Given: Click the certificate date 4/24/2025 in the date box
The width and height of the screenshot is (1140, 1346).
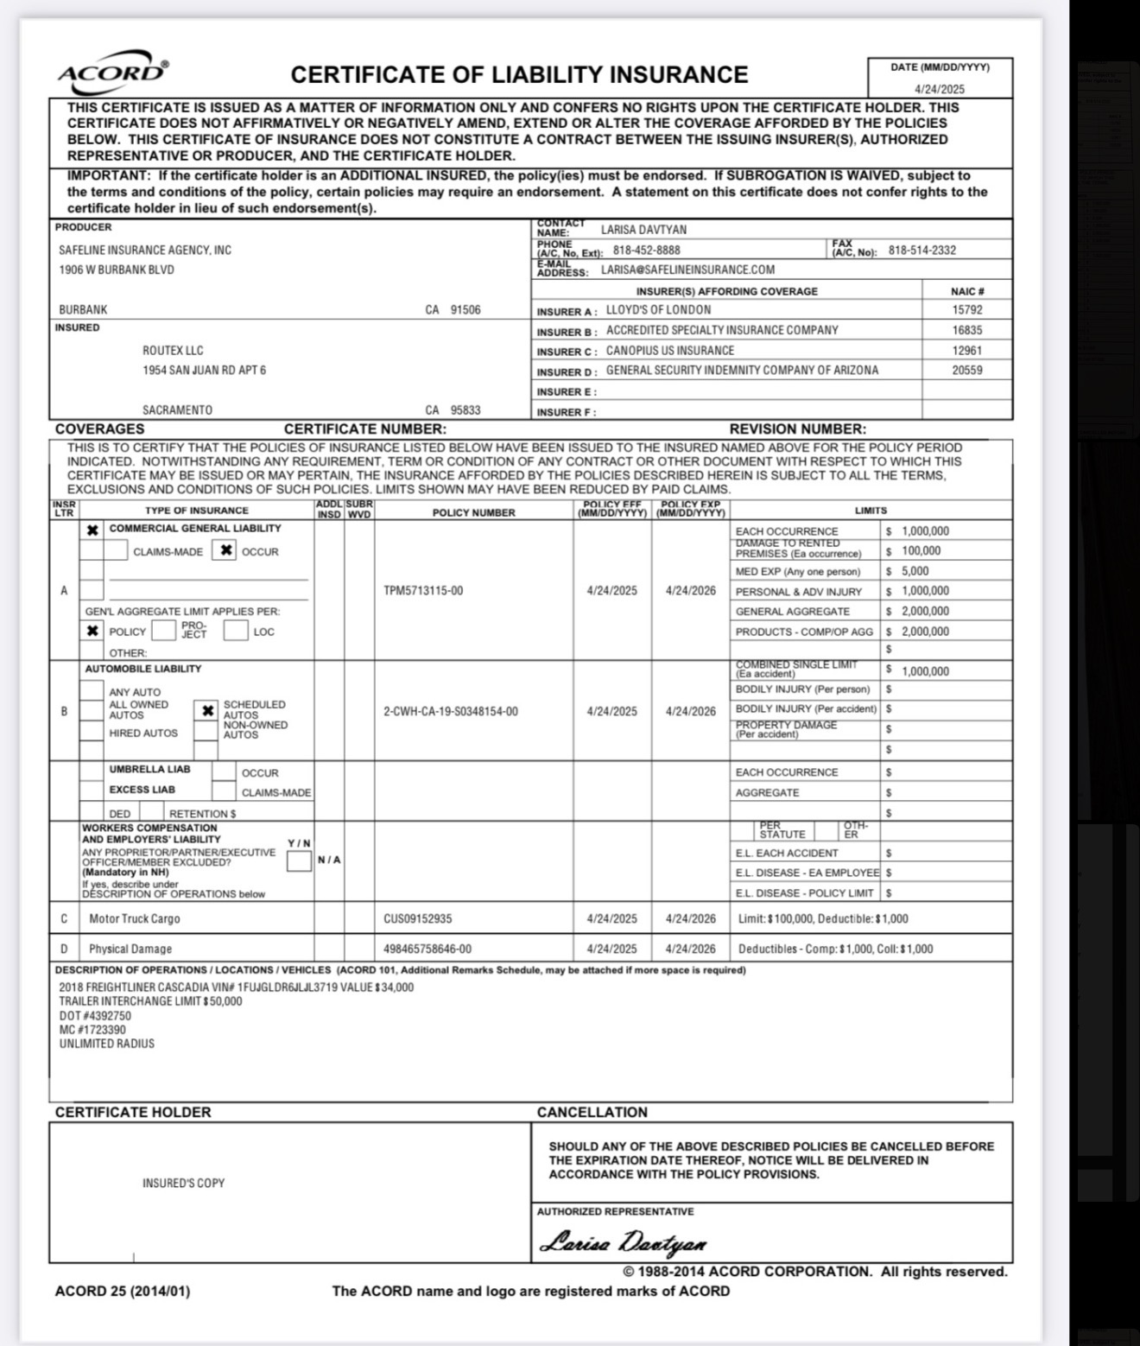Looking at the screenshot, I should [940, 89].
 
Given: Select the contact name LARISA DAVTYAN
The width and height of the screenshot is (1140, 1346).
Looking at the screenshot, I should [644, 230].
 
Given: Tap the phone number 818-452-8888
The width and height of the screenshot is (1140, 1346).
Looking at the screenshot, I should [647, 251].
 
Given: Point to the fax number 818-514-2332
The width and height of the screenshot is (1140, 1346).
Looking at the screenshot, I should [922, 251].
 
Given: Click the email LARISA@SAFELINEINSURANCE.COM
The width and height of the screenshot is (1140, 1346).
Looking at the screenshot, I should [687, 270].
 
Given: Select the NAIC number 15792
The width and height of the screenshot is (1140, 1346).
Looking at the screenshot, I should [967, 309].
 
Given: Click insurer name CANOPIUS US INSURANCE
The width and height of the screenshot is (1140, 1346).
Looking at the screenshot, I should [670, 351].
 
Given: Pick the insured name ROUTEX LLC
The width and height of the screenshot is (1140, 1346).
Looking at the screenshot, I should [173, 351].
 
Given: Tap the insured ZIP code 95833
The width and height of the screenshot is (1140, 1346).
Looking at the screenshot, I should [465, 410].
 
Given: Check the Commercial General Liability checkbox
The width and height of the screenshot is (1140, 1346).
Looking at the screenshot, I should [92, 530].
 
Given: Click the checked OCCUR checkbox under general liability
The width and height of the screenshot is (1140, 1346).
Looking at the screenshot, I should [225, 550].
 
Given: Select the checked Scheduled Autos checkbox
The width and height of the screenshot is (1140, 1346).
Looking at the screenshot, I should [207, 711].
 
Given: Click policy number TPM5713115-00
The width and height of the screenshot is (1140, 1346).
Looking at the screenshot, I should [423, 591].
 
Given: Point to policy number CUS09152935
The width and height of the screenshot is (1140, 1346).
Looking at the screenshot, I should [418, 919].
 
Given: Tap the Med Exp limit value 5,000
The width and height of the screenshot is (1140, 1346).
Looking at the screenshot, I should [915, 571].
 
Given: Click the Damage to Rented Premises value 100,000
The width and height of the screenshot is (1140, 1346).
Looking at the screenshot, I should [921, 551].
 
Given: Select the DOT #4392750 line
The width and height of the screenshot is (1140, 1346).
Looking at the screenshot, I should [95, 1016].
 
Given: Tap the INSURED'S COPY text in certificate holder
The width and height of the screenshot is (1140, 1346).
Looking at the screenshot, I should [183, 1183].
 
